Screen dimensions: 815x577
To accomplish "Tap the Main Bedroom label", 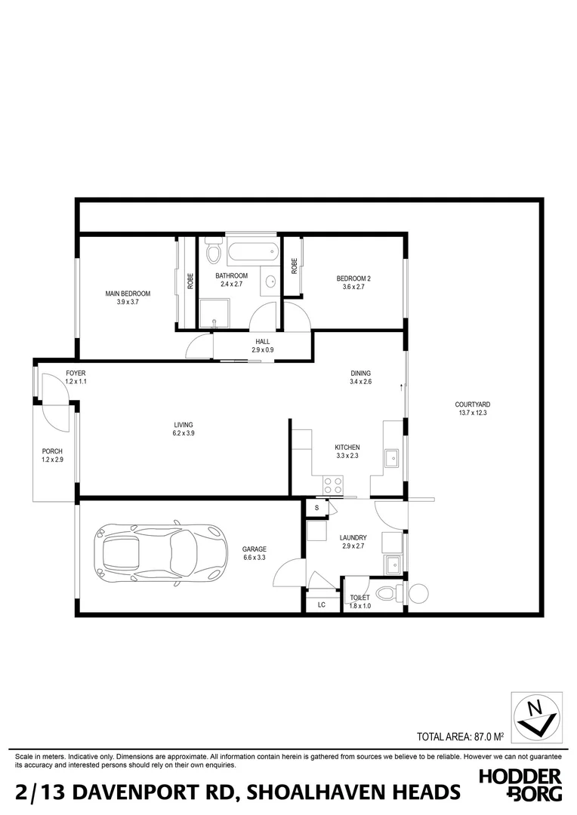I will [128, 294].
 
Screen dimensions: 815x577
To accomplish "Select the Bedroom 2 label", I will [354, 278].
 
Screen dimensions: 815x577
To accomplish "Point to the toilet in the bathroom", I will [213, 250].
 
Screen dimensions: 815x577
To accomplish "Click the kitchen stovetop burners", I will [333, 485].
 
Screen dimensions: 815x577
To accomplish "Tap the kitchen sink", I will [393, 458].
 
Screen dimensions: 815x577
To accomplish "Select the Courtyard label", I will [473, 404].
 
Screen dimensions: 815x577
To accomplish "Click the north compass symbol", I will [536, 715].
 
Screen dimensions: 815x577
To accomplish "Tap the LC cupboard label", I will [321, 604].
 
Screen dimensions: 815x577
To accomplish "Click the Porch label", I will [52, 451].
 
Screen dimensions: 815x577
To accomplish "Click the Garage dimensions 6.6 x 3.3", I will [255, 558].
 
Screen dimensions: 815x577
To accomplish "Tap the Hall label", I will [262, 341].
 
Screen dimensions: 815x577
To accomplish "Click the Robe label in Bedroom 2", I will [294, 266].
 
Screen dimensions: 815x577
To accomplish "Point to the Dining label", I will [360, 373].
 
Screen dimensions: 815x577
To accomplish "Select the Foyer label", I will [76, 373].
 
